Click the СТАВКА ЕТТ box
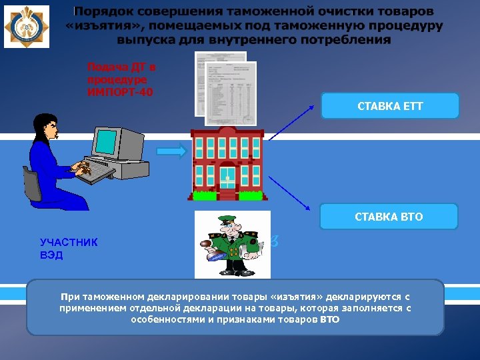pyautogui.click(x=390, y=106)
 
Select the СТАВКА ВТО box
pyautogui.click(x=389, y=217)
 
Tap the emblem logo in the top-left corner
pyautogui.click(x=26, y=27)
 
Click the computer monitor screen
pyautogui.click(x=106, y=141)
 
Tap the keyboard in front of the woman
pyautogui.click(x=100, y=172)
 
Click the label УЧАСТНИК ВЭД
pyautogui.click(x=69, y=249)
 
